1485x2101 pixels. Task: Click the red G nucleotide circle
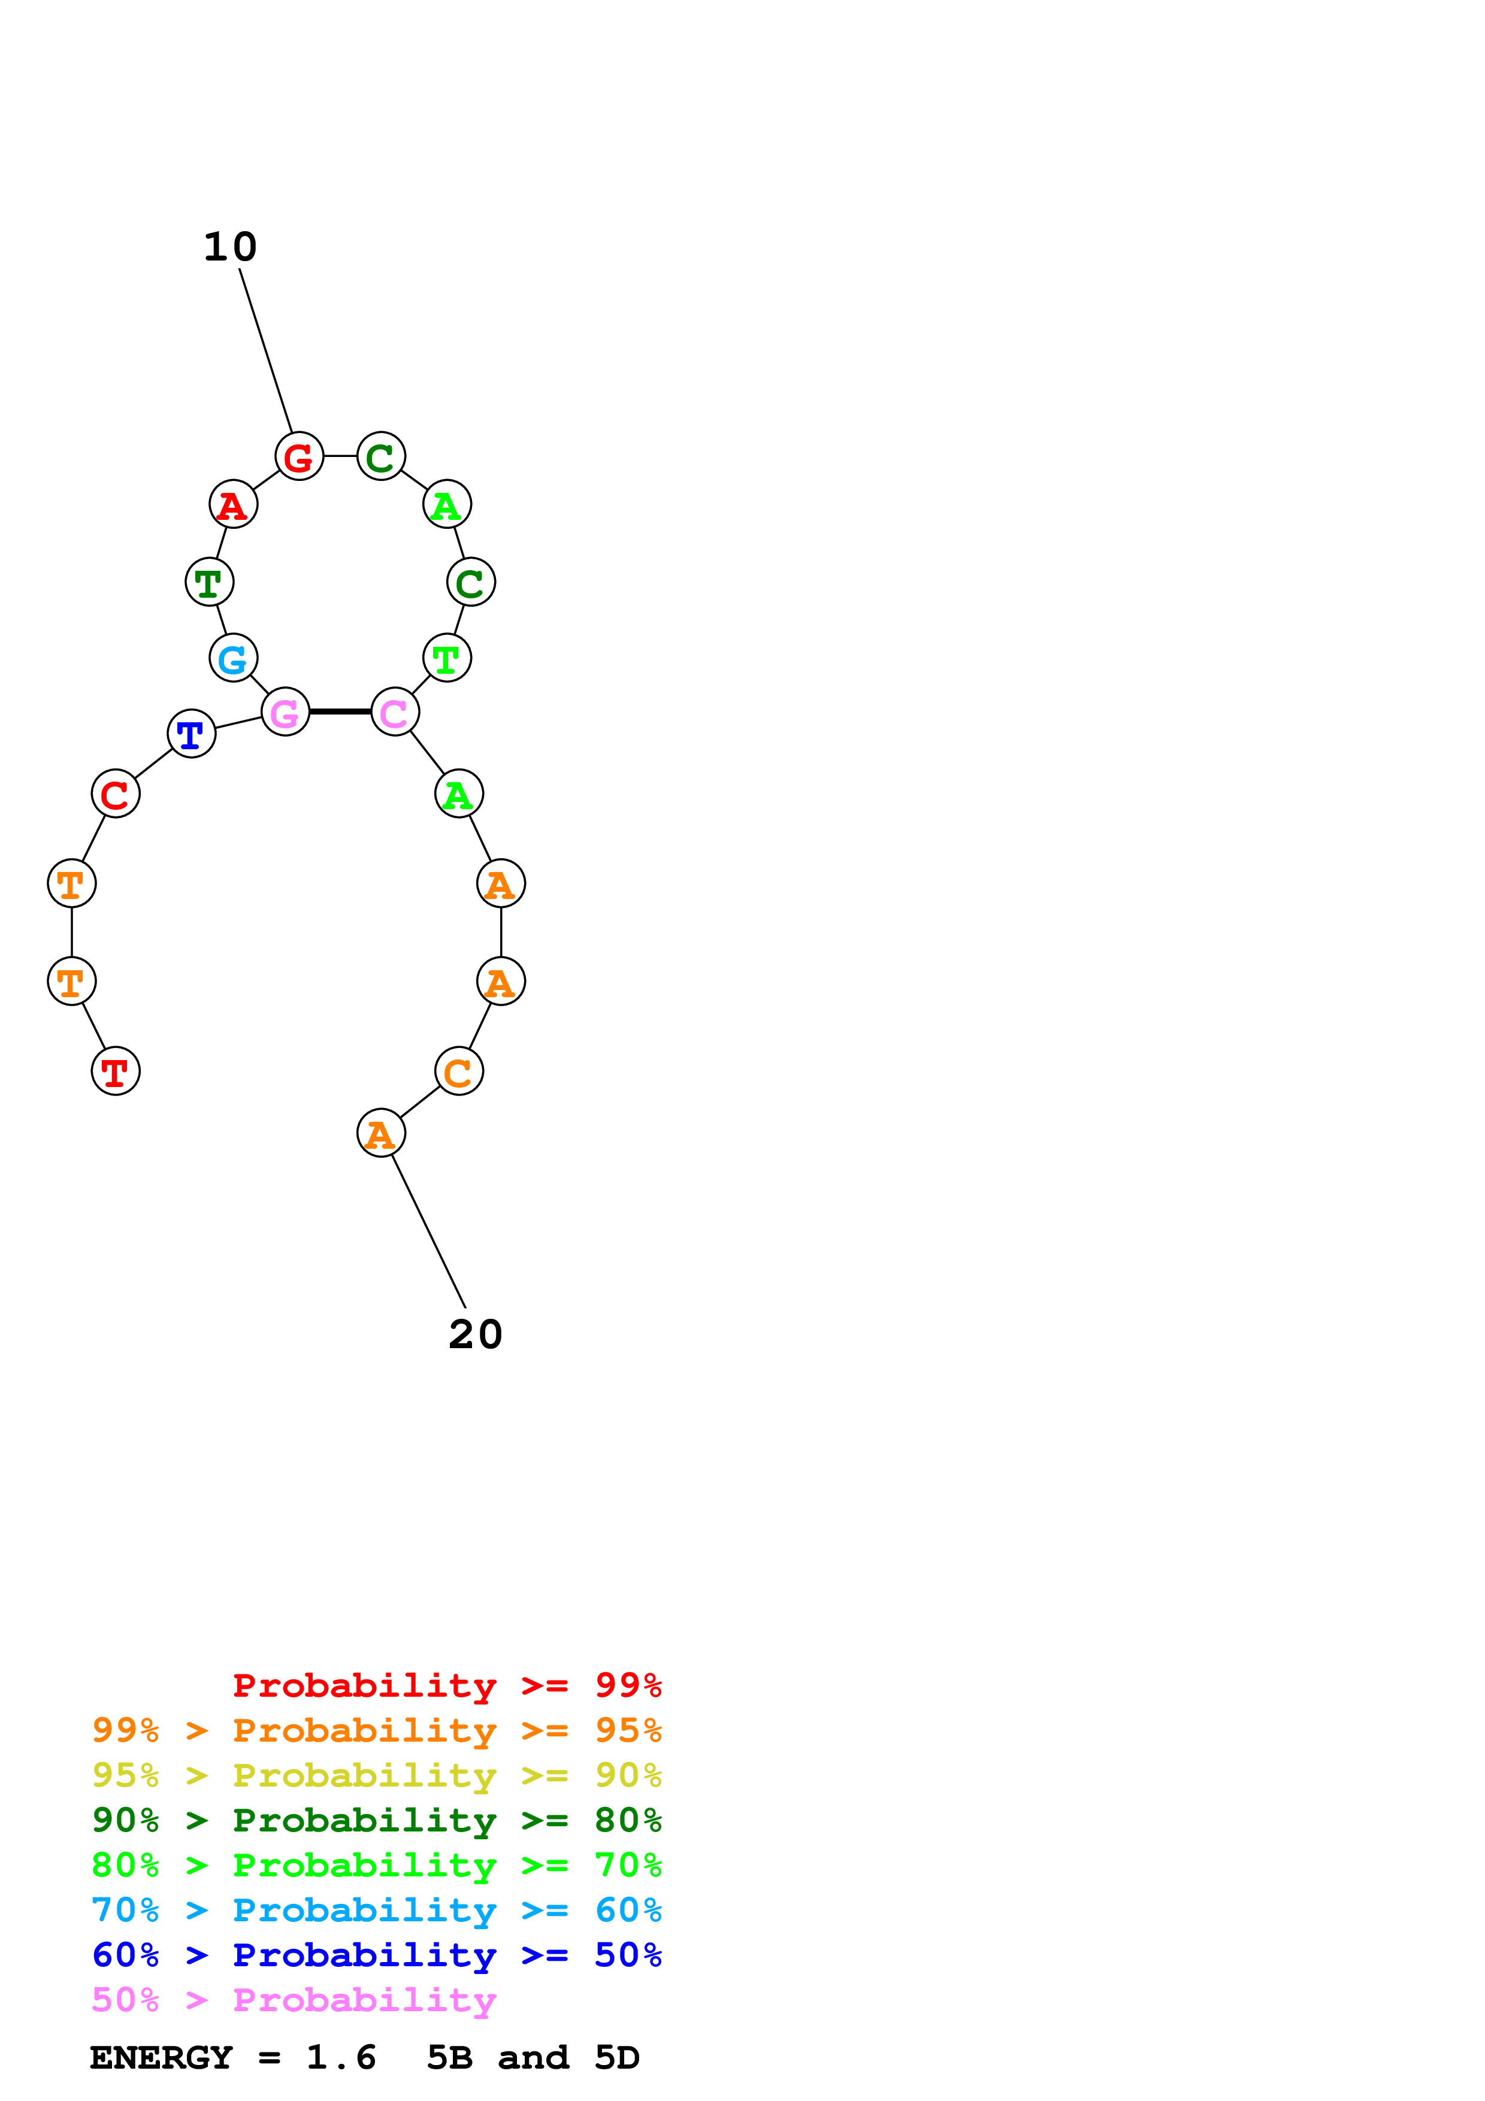pos(299,456)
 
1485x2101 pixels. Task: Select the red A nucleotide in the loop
pos(233,504)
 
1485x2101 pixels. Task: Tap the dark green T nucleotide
pos(210,582)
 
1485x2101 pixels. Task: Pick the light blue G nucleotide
pos(233,658)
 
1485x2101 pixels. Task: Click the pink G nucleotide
pos(286,712)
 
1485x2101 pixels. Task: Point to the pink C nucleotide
pos(394,712)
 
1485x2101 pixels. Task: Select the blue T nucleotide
pos(191,734)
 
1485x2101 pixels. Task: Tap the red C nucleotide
pos(115,794)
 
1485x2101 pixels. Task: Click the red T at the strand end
pos(115,1071)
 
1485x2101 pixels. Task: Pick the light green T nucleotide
pos(446,658)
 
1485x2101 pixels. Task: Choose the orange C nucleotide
pos(458,1071)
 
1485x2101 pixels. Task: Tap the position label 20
pos(476,1335)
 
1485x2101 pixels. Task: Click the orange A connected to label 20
pos(380,1134)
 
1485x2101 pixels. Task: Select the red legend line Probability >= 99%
pos(446,1685)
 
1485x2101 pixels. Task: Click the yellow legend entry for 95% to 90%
pos(376,1776)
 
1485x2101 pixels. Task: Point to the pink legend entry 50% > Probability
pos(294,2000)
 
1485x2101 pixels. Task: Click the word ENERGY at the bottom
pos(161,2058)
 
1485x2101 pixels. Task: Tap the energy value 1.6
pos(341,2058)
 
